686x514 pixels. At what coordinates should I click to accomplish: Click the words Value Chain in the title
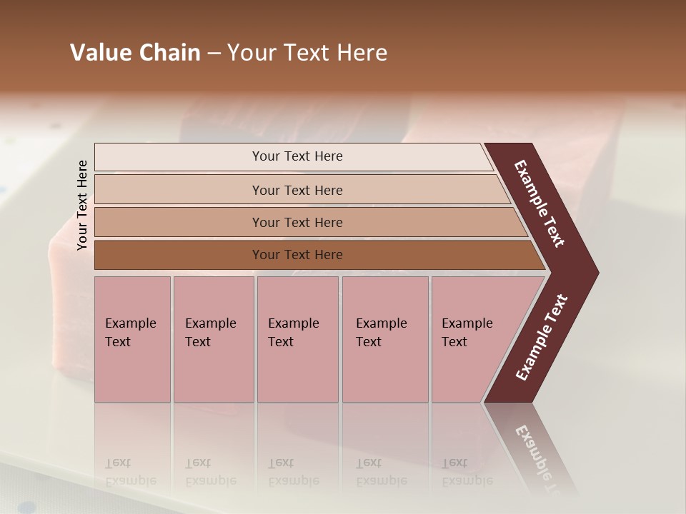(x=135, y=53)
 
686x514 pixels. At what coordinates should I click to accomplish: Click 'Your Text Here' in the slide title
(x=307, y=53)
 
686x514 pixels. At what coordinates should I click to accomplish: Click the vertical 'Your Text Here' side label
(x=82, y=206)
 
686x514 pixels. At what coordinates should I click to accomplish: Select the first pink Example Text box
(x=132, y=339)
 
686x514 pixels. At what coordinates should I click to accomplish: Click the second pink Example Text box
(x=213, y=339)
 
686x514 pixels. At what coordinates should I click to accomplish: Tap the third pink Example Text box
(x=297, y=339)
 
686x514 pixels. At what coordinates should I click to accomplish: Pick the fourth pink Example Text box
(x=385, y=339)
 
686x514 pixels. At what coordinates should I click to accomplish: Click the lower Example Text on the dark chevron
(x=542, y=338)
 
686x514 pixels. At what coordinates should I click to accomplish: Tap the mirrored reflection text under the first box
(x=130, y=472)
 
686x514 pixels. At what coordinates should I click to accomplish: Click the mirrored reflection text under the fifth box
(x=467, y=472)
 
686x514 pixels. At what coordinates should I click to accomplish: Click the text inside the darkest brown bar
(x=297, y=255)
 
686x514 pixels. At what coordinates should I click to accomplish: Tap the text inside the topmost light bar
(x=297, y=156)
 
